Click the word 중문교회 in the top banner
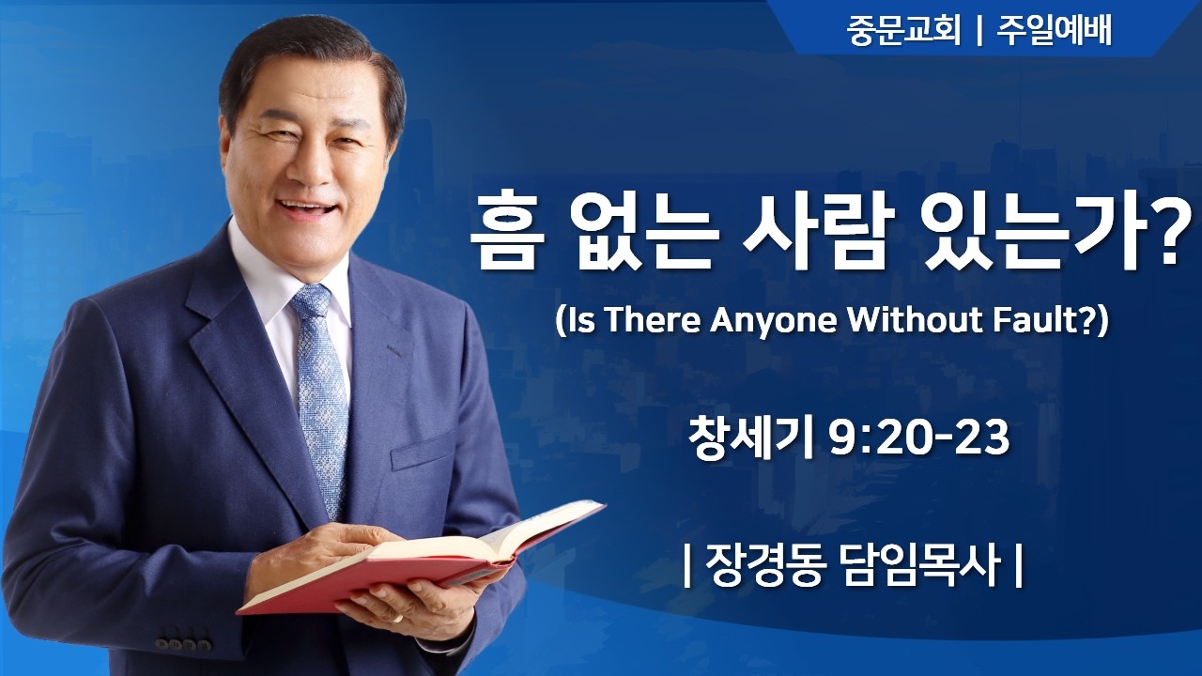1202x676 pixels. (902, 31)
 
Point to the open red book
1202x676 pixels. (423, 559)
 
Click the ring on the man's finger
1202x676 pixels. (398, 618)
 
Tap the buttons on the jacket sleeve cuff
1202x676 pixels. (183, 644)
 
